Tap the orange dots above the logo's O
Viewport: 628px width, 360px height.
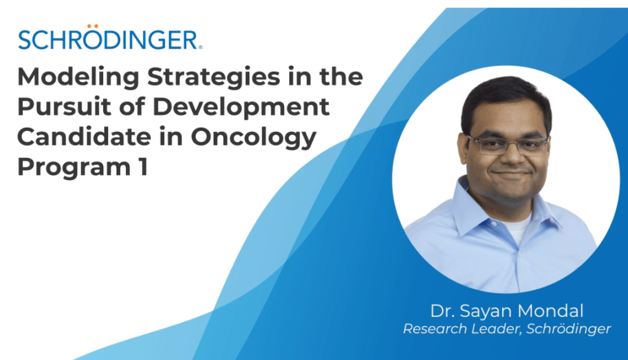(x=93, y=26)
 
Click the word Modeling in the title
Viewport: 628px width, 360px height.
(x=78, y=77)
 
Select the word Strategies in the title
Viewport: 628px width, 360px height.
(x=214, y=77)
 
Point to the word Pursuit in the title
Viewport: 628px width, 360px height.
(x=64, y=107)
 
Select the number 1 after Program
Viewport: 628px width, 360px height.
(x=143, y=166)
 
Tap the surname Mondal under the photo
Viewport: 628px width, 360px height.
(x=550, y=311)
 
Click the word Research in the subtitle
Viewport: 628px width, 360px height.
(x=435, y=329)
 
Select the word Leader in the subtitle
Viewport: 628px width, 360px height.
(x=497, y=329)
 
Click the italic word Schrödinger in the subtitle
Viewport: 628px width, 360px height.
(x=568, y=329)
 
